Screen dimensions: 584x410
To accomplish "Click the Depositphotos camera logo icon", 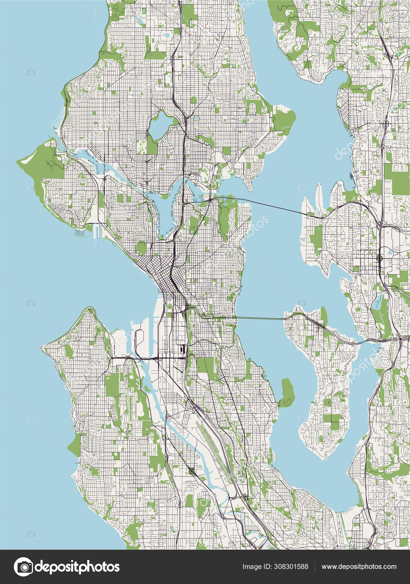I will point(23,566).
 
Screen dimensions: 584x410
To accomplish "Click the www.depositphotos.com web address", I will point(359,567).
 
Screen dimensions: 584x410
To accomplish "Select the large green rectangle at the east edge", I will point(400,179).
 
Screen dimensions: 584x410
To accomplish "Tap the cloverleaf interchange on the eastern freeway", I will point(380,258).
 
